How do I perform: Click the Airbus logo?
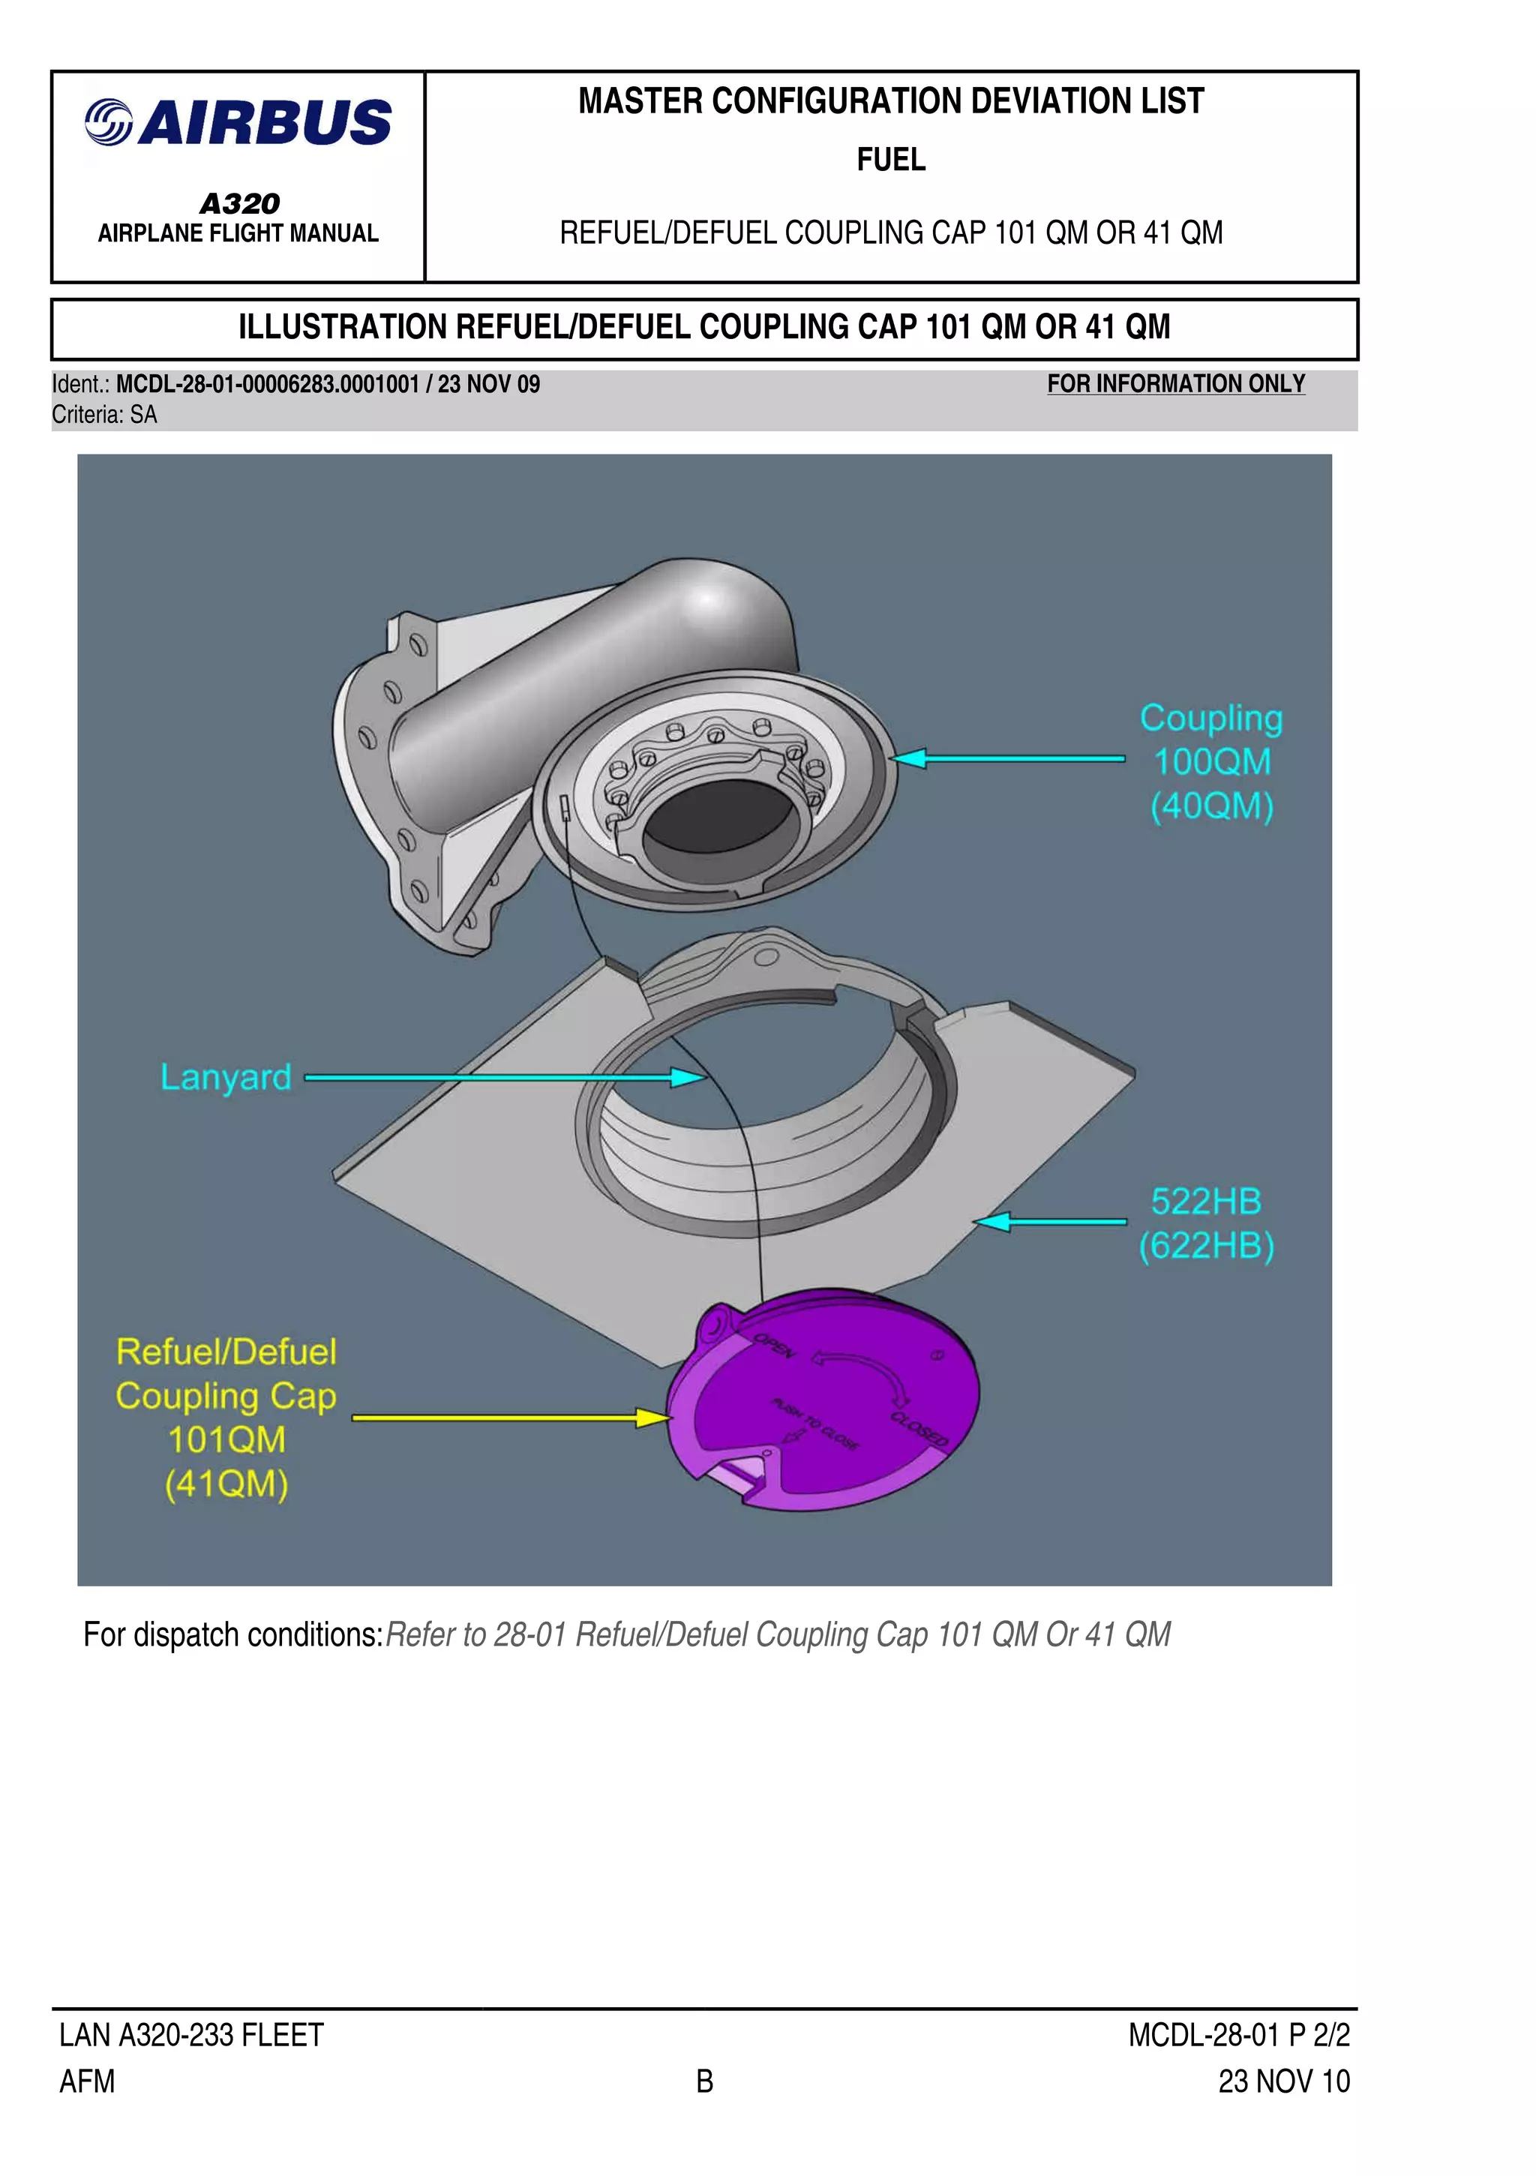238,123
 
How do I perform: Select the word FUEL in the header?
891,159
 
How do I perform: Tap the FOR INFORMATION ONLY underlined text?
1175,384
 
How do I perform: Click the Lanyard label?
226,1078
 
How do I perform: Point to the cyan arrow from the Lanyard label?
502,1078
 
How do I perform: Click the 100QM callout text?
1211,762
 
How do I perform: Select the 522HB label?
1205,1202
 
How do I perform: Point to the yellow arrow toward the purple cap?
511,1418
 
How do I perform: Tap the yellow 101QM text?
226,1439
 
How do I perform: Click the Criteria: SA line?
104,415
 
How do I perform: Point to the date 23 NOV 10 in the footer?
1283,2081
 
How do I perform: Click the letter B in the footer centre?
704,2081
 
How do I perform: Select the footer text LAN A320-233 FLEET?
191,2035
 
